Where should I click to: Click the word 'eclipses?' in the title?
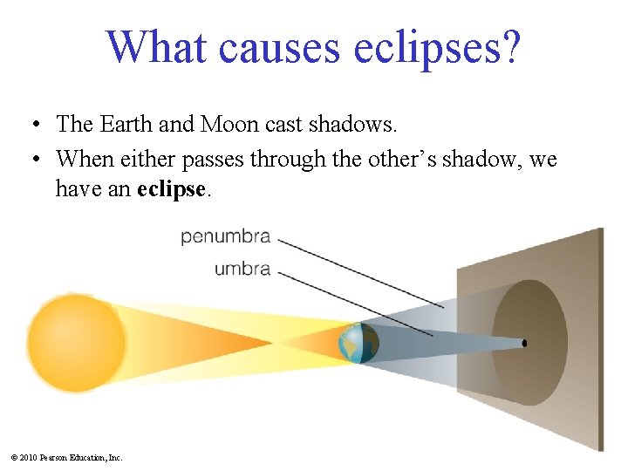(x=437, y=47)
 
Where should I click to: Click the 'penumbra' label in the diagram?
(x=226, y=236)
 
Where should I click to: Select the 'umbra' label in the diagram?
(x=242, y=269)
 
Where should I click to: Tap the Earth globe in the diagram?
(x=358, y=343)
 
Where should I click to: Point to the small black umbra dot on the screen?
(x=524, y=343)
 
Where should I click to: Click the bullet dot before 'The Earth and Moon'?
(x=30, y=126)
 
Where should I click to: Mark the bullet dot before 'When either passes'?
(x=30, y=160)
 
